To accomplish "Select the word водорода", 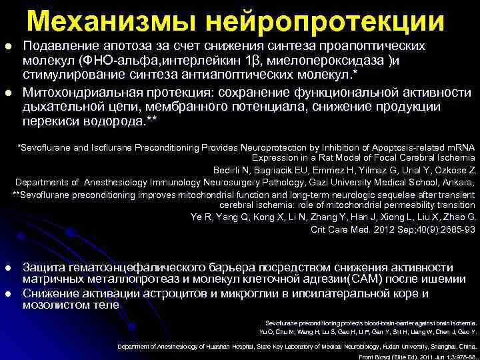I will (111, 121).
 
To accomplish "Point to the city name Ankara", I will (458, 181).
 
